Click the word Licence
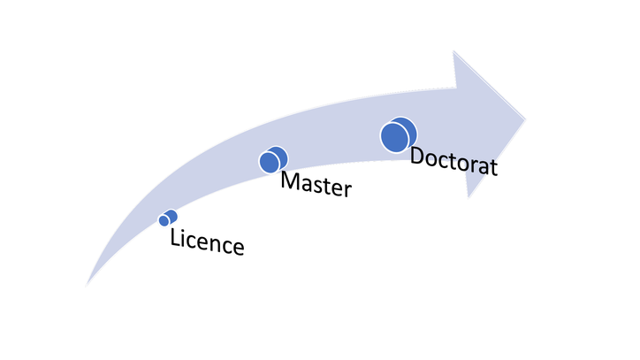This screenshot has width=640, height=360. (x=206, y=241)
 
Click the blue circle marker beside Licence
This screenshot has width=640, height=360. (x=168, y=218)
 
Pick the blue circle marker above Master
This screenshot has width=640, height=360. (x=272, y=160)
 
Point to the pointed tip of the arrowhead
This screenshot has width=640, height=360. (x=527, y=118)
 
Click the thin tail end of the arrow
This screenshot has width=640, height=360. (x=88, y=284)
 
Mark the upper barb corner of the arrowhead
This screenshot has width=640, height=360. (x=454, y=52)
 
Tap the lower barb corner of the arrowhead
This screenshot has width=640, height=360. (x=469, y=196)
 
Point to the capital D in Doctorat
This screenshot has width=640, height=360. (x=418, y=157)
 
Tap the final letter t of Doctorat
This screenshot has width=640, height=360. (x=493, y=167)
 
